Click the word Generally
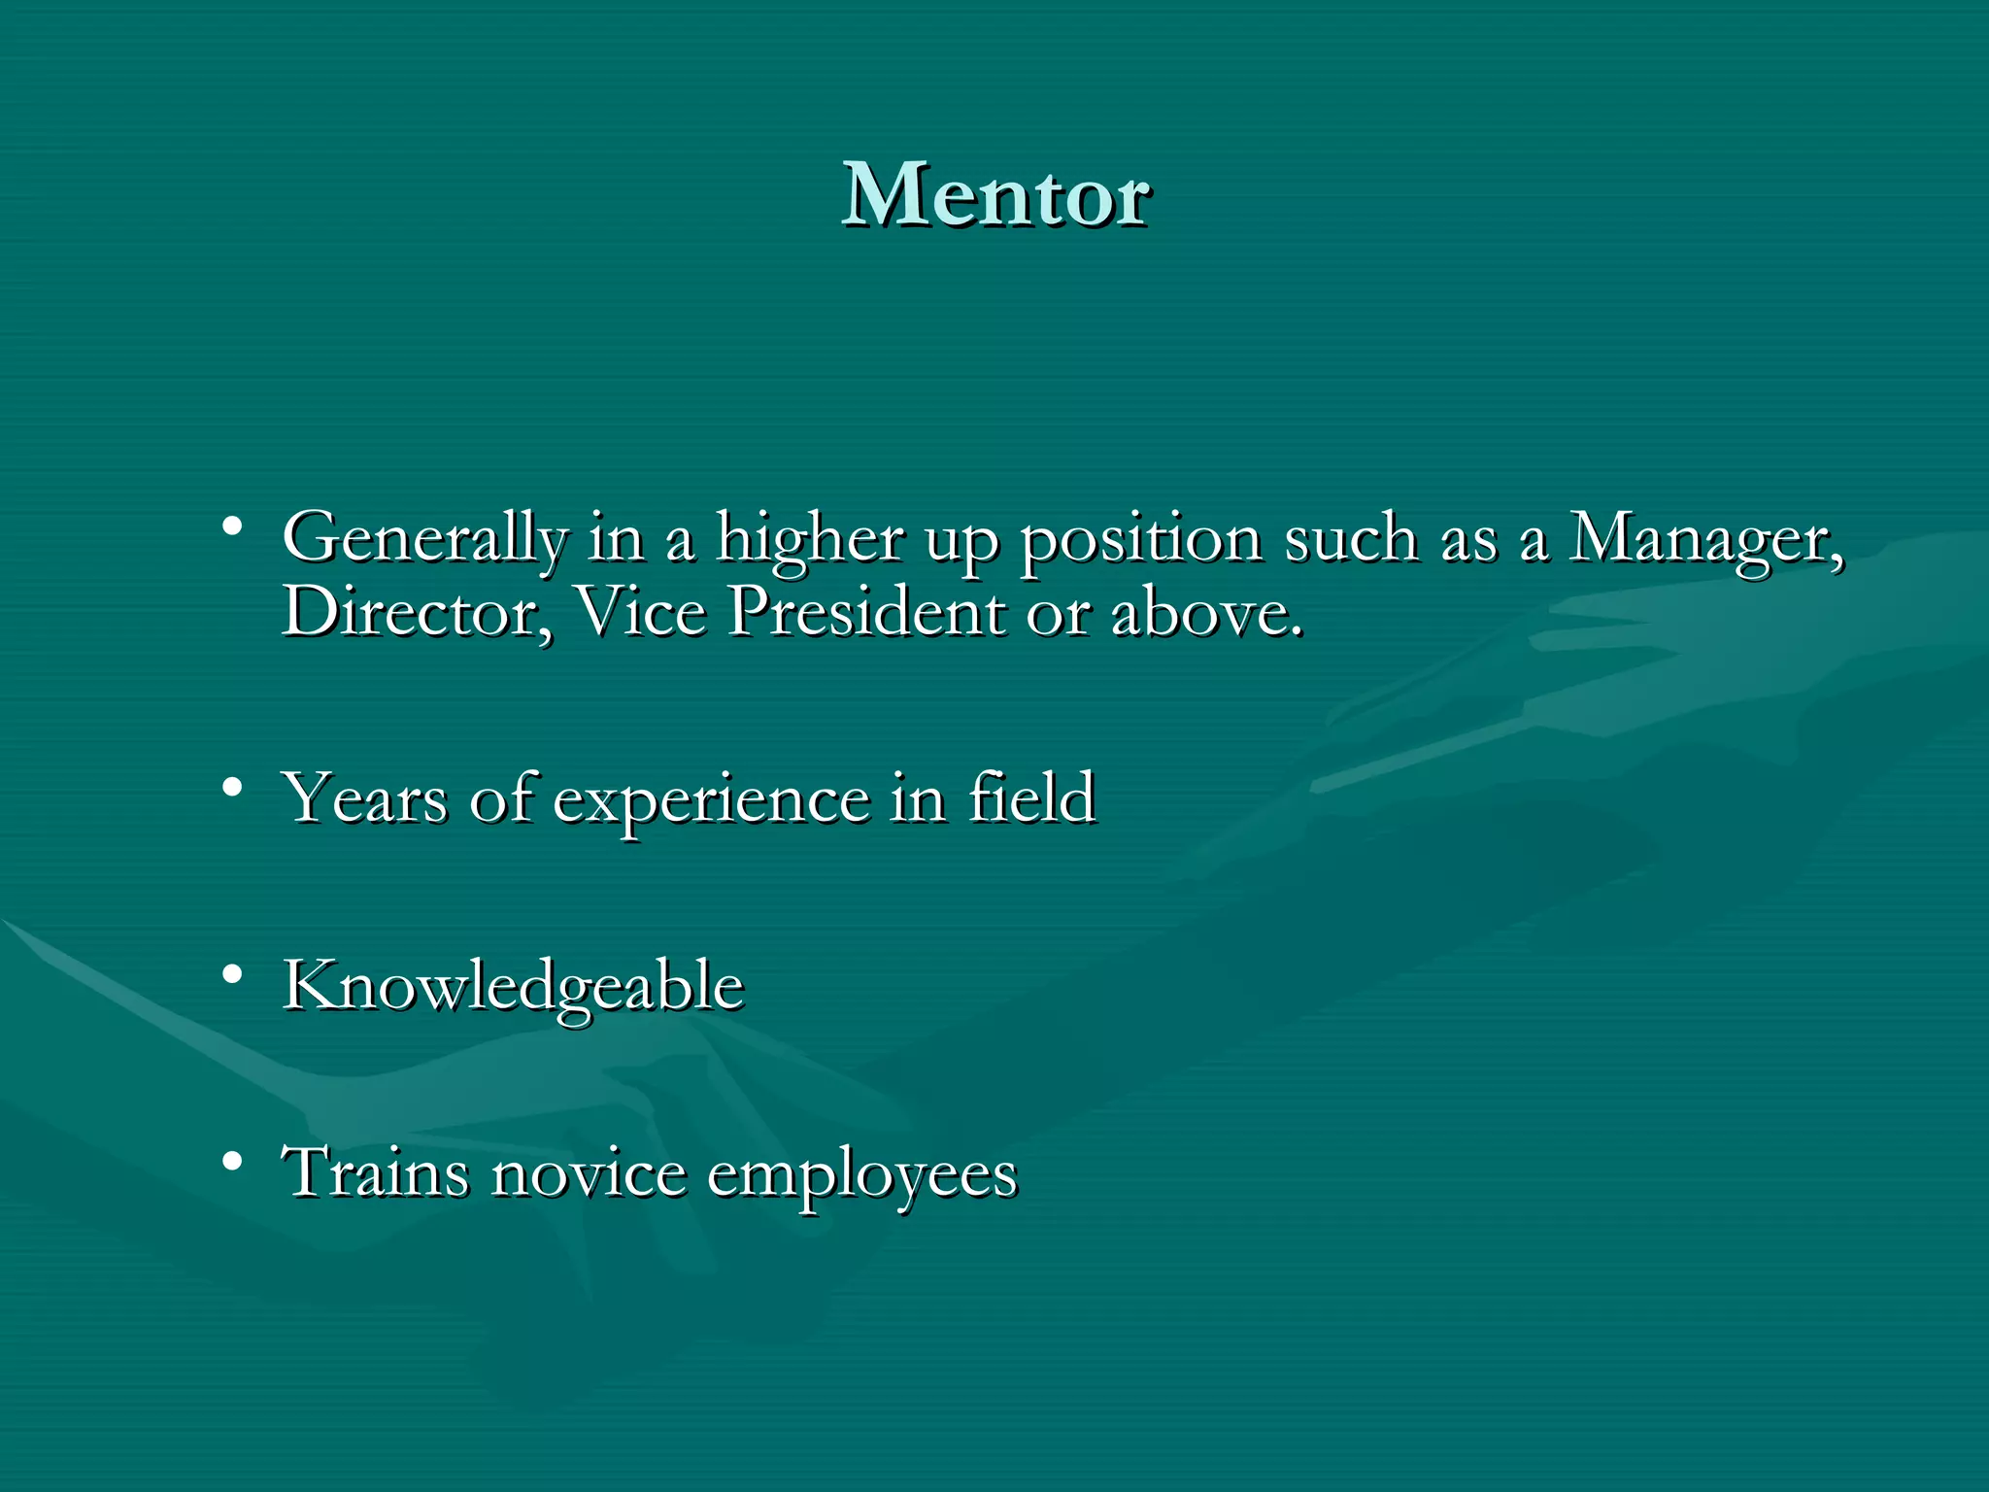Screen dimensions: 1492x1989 (424, 539)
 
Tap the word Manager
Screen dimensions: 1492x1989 (1705, 539)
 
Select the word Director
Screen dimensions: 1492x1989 (415, 612)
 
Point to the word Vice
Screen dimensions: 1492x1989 (641, 612)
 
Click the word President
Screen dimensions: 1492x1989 (866, 612)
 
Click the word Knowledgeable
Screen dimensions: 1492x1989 (513, 987)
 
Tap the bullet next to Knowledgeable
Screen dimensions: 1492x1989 (231, 973)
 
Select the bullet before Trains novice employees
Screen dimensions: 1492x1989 (231, 1160)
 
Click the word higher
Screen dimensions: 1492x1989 (810, 539)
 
